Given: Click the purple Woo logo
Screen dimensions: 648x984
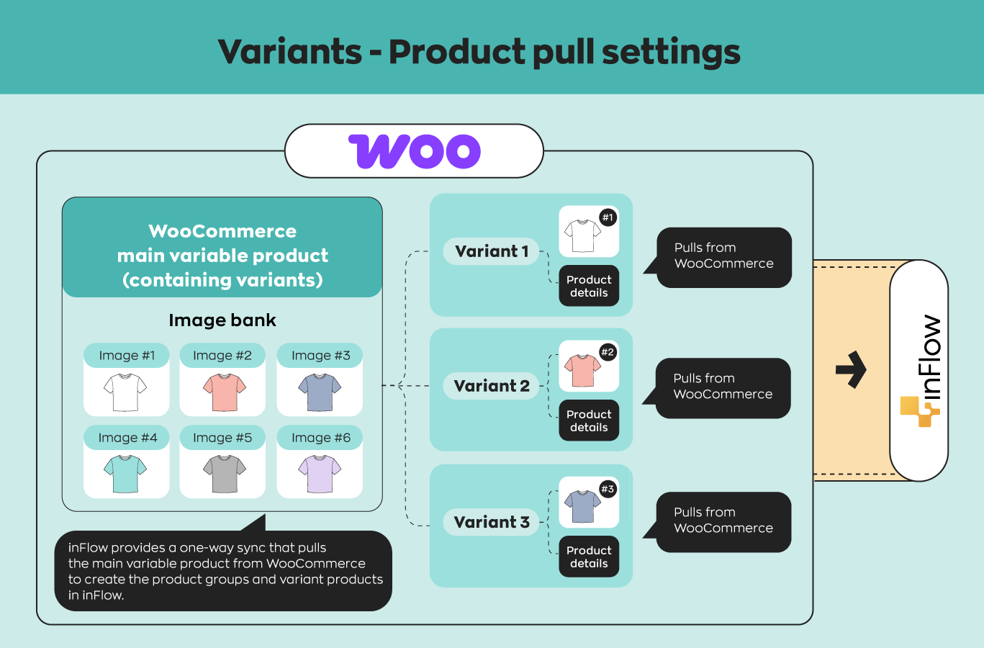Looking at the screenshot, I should point(415,151).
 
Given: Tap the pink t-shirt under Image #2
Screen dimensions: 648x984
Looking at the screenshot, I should point(225,392).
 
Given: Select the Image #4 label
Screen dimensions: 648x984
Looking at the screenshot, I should point(127,438).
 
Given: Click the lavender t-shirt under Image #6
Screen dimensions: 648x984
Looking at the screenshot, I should point(320,474).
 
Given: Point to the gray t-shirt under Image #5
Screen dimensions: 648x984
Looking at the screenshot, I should point(225,474).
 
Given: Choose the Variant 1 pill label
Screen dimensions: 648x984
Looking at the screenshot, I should point(492,251).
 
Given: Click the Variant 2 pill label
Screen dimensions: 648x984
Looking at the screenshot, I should point(492,386).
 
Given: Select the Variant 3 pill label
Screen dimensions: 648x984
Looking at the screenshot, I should point(492,522).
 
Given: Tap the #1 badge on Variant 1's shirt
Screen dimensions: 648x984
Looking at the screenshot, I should point(608,217).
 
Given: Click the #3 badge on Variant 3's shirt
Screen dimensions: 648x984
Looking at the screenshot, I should point(608,490).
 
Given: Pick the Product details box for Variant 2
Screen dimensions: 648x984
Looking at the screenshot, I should point(589,420).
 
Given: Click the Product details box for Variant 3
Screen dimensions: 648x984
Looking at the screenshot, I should point(589,557).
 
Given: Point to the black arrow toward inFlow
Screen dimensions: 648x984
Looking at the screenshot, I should point(851,370).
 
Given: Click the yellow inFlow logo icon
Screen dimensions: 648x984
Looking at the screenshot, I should point(919,411).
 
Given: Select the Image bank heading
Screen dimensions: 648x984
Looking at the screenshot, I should point(222,320).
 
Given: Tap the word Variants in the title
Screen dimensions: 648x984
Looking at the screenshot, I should point(290,52).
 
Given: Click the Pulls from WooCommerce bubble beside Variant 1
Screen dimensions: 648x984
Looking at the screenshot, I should point(724,256).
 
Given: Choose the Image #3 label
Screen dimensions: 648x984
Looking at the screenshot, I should point(320,356).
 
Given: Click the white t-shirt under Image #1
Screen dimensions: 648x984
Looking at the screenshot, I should point(125,392).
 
